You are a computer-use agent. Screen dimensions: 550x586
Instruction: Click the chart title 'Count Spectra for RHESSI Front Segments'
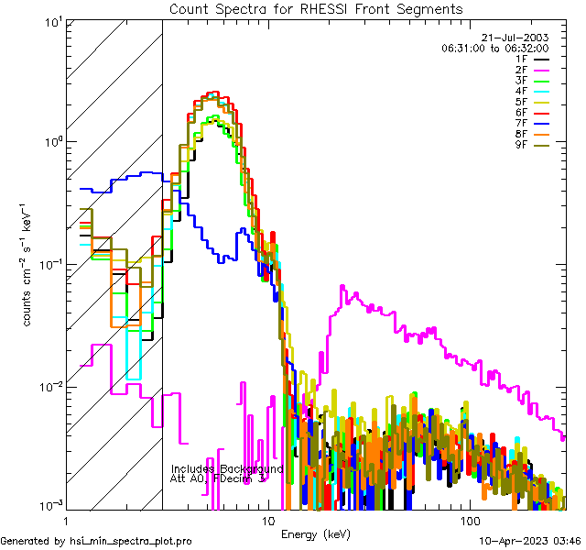(316, 8)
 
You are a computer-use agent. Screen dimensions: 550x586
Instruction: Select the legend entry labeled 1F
(522, 59)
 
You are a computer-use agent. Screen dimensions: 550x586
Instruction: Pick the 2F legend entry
(522, 70)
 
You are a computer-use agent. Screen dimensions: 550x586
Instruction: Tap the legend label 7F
(522, 123)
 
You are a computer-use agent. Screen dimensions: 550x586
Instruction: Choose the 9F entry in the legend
(522, 144)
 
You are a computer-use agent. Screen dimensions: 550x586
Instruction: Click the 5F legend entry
(522, 102)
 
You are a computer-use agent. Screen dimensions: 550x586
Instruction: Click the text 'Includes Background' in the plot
(225, 468)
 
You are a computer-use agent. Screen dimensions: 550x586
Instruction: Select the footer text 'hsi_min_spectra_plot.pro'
(131, 541)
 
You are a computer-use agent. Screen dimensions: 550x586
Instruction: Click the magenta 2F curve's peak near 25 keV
(342, 287)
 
